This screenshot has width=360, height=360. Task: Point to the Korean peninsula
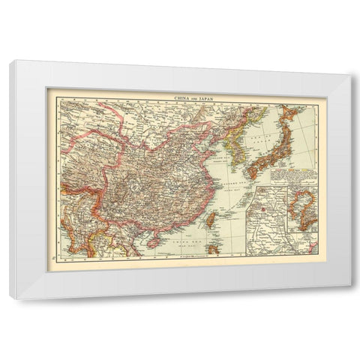click(x=239, y=146)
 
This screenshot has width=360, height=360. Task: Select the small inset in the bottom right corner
click(x=310, y=245)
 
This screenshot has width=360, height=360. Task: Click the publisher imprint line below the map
click(x=180, y=258)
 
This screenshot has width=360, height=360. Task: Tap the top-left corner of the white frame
click(x=10, y=63)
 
